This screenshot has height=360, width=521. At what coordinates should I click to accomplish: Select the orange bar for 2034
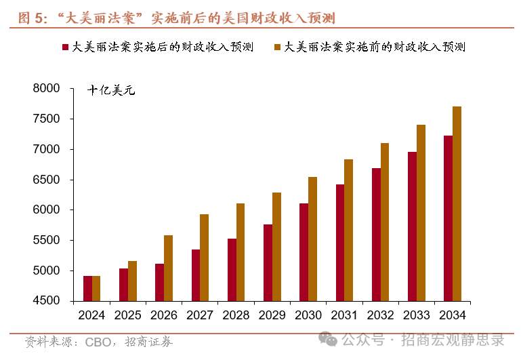coord(457,203)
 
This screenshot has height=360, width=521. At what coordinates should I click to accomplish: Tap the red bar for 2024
coord(87,288)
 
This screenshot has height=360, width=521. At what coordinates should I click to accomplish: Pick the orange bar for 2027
coord(204,258)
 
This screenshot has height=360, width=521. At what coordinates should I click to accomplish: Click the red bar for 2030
coord(304,252)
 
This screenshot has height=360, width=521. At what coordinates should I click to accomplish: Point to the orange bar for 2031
coord(348,230)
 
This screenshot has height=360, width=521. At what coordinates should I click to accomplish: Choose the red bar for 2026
coord(159,282)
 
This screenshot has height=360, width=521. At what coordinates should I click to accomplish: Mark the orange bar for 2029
coord(276,247)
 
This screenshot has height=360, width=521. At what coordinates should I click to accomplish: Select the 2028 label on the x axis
coord(236,315)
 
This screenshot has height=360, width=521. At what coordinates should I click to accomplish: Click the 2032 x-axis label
coord(380,315)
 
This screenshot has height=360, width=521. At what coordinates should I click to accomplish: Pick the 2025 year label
coord(127,315)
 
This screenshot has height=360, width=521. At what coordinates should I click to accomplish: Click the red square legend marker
coord(65,47)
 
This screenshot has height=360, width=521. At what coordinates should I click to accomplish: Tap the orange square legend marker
coord(278,47)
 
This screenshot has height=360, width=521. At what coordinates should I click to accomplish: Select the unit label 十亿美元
coord(111,90)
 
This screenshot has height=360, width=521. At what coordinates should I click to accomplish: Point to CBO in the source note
coord(98,342)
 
